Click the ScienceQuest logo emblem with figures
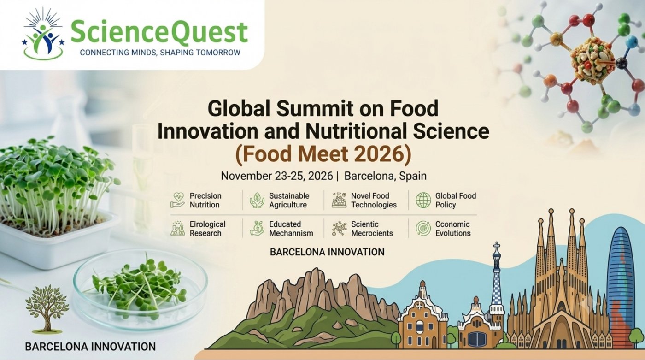click(43, 33)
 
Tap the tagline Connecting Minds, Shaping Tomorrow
click(160, 53)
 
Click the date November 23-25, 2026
click(277, 176)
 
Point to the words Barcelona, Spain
click(385, 176)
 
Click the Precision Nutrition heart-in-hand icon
click(177, 200)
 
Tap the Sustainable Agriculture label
click(289, 200)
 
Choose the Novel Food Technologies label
click(374, 200)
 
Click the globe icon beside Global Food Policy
click(423, 200)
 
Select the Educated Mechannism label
click(291, 229)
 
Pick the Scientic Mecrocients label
click(372, 229)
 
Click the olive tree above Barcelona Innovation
click(47, 309)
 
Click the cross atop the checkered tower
click(497, 247)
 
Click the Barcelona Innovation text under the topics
click(327, 252)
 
